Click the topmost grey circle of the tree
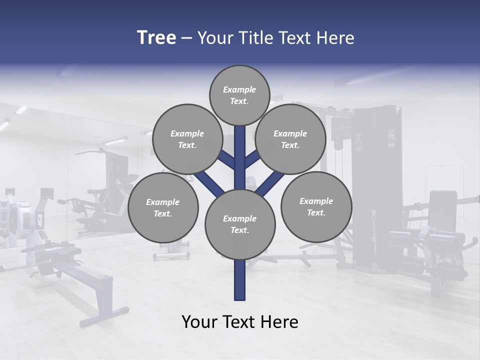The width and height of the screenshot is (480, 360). (239, 95)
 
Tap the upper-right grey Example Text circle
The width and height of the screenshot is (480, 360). (290, 139)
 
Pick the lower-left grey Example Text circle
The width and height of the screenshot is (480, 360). (163, 207)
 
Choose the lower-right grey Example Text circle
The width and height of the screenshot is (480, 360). (316, 206)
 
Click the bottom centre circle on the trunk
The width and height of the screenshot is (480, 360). (240, 224)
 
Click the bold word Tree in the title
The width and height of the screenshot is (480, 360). (156, 37)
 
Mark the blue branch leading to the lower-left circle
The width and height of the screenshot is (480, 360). (208, 182)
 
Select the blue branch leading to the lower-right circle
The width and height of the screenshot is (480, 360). (270, 183)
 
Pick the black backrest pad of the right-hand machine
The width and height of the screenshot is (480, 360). (443, 210)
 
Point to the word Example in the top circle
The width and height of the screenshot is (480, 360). (239, 89)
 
